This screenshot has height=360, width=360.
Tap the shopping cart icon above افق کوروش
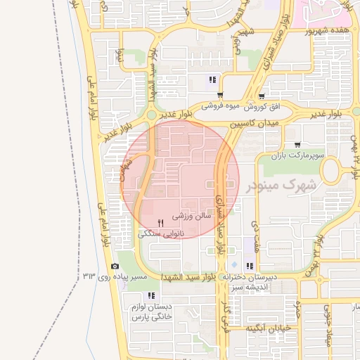pos(262,96)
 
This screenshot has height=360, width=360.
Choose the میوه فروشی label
pos(221,107)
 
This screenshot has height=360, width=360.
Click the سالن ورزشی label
pos(188,217)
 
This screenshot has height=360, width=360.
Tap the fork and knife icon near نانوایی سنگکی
pos(162,222)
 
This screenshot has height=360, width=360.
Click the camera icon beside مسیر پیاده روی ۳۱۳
pos(115,266)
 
